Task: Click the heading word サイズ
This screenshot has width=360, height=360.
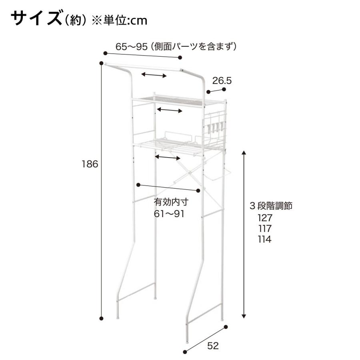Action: click(35, 19)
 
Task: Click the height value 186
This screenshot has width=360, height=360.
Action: click(90, 164)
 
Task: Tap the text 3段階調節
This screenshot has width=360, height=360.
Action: click(271, 206)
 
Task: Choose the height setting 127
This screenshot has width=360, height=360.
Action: click(265, 218)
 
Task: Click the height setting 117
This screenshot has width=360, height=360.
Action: click(265, 229)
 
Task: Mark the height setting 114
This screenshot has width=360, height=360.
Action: click(265, 240)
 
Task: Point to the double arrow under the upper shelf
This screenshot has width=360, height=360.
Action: click(170, 110)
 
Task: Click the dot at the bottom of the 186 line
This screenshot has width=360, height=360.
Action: click(101, 318)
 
